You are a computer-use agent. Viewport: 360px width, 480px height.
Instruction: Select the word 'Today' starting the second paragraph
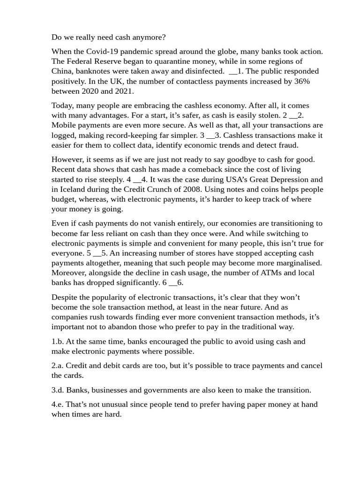click(62, 105)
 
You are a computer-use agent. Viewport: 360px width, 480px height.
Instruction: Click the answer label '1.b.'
click(59, 342)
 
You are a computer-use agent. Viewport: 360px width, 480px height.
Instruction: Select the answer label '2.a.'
click(58, 366)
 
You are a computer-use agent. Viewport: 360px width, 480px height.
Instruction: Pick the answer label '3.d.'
click(59, 390)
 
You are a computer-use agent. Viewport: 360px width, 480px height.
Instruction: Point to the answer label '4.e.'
click(58, 405)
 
